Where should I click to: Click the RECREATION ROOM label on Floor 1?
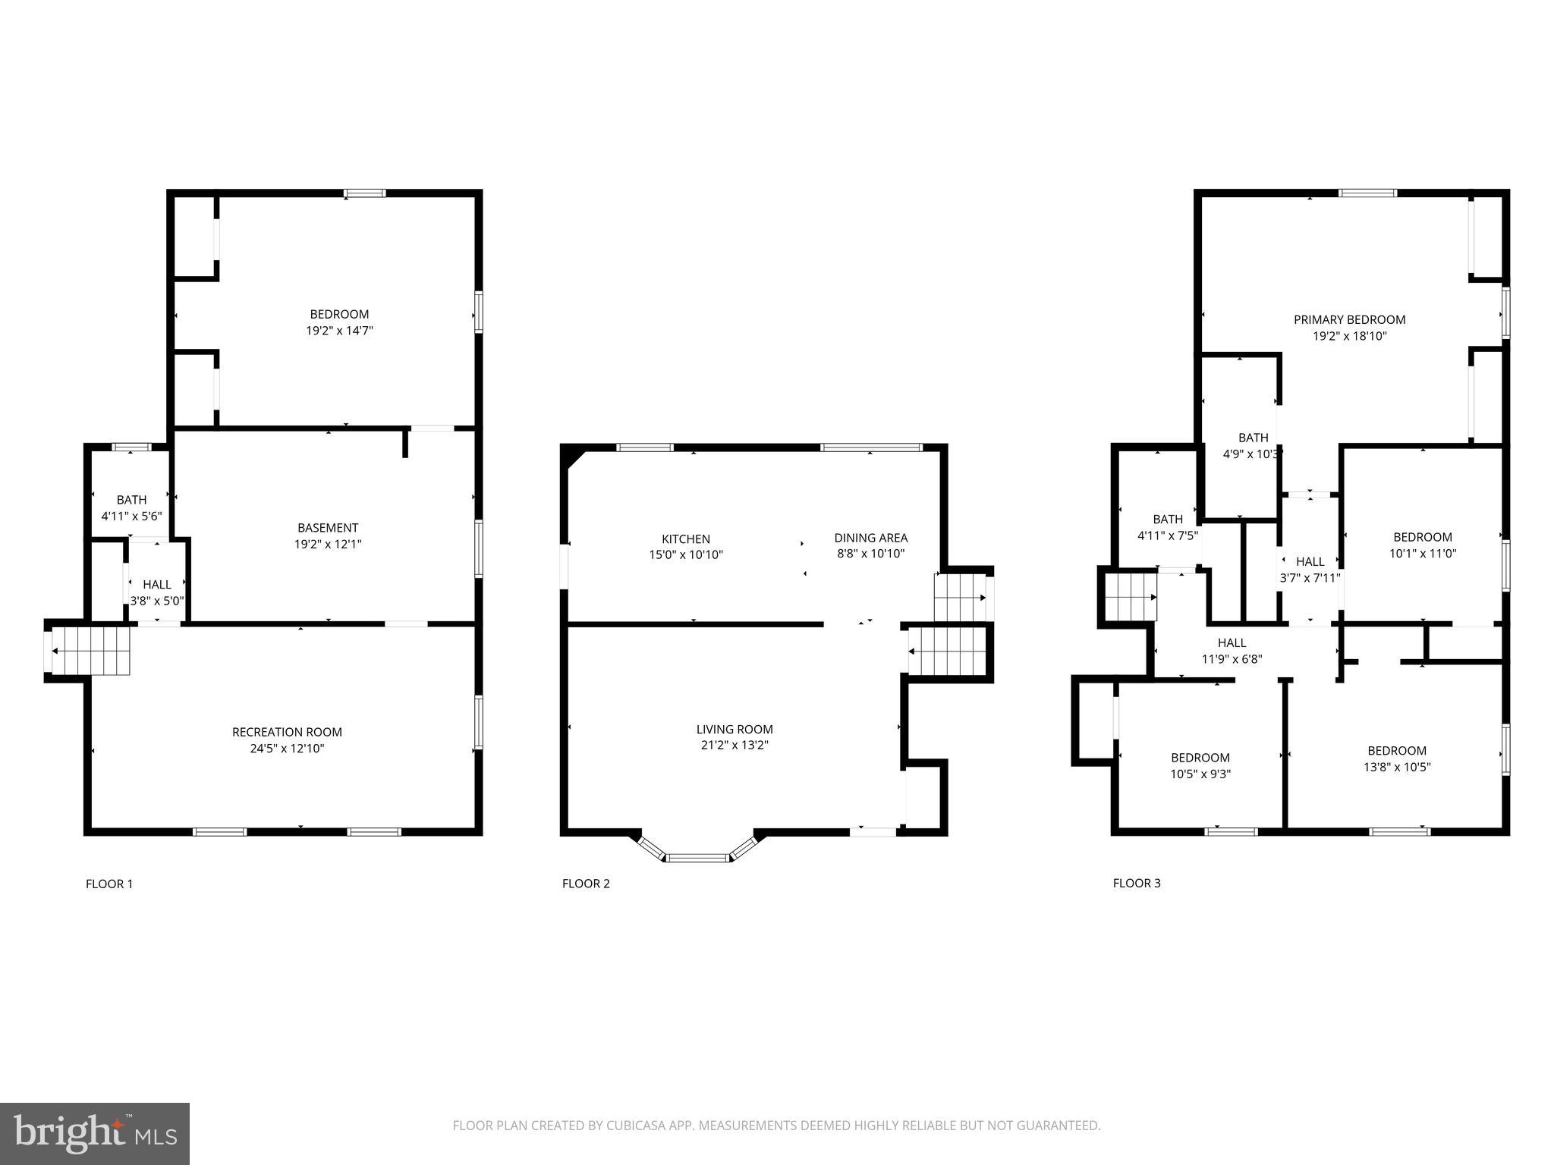click(x=287, y=732)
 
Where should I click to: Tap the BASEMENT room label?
click(x=328, y=528)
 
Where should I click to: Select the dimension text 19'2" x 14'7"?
click(x=339, y=331)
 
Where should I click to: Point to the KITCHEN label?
click(x=686, y=539)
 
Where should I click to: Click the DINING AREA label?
click(x=870, y=538)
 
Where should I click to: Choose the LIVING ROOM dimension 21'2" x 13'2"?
click(x=734, y=746)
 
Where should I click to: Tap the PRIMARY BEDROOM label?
click(x=1349, y=320)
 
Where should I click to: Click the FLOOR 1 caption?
click(x=109, y=884)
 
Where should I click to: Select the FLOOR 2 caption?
click(x=586, y=884)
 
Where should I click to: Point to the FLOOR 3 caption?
click(x=1136, y=883)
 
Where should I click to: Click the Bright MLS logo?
click(x=95, y=1132)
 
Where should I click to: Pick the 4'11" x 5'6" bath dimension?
click(x=131, y=517)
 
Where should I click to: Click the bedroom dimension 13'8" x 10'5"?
click(x=1397, y=767)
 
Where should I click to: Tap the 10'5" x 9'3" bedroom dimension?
click(x=1200, y=774)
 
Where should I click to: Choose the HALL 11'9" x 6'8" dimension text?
click(x=1232, y=659)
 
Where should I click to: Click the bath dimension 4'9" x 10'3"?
click(x=1252, y=454)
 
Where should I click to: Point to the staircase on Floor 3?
click(x=1130, y=597)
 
